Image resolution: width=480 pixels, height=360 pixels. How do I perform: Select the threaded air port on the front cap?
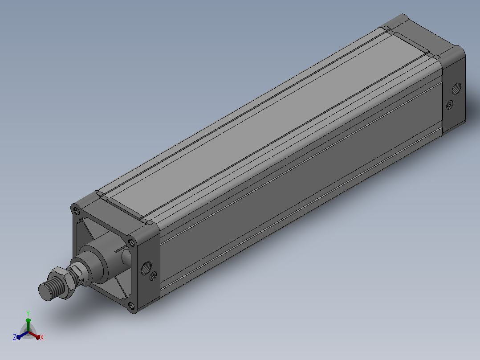click(146, 268)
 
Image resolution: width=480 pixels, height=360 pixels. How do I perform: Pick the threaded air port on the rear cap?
click(456, 89)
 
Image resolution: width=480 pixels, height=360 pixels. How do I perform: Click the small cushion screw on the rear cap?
click(449, 105)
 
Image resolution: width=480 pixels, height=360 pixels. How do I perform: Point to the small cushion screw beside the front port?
click(153, 276)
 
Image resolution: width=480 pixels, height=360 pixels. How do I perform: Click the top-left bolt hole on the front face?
click(76, 211)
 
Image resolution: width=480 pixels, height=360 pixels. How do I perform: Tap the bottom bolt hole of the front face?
click(131, 306)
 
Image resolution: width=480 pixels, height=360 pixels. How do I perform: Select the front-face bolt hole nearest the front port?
click(131, 242)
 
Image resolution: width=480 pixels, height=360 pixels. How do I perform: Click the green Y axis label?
click(28, 313)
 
